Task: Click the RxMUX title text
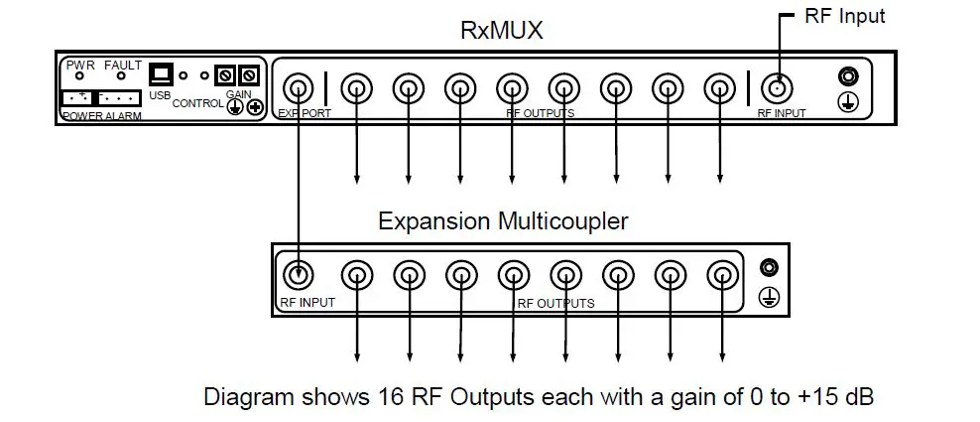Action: pyautogui.click(x=501, y=31)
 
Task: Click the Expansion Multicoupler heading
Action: pyautogui.click(x=503, y=220)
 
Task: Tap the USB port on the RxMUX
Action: pyautogui.click(x=161, y=74)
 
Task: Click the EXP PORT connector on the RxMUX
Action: pyautogui.click(x=299, y=87)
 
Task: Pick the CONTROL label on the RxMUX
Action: pyautogui.click(x=198, y=102)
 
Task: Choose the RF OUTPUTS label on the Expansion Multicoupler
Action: pyautogui.click(x=555, y=302)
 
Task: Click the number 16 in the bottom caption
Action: pyautogui.click(x=390, y=397)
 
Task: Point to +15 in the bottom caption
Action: pyautogui.click(x=813, y=397)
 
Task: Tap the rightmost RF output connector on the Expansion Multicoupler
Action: pyautogui.click(x=721, y=275)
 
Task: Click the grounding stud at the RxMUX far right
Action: pyautogui.click(x=847, y=76)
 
